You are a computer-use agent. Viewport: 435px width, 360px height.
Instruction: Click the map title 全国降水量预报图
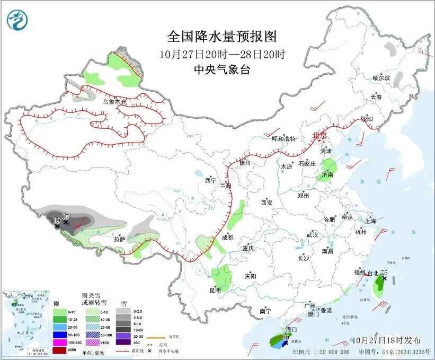point(222,37)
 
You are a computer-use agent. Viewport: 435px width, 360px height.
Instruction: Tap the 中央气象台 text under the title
point(222,70)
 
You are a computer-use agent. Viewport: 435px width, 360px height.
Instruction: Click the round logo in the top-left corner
point(17,20)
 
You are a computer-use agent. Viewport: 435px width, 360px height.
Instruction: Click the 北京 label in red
point(320,135)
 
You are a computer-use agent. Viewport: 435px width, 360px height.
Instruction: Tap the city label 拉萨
point(119,239)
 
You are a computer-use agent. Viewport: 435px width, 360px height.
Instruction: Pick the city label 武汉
point(312,234)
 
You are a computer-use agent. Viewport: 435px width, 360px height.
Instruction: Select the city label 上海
point(370,221)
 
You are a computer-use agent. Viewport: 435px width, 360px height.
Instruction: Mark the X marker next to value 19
point(57,226)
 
